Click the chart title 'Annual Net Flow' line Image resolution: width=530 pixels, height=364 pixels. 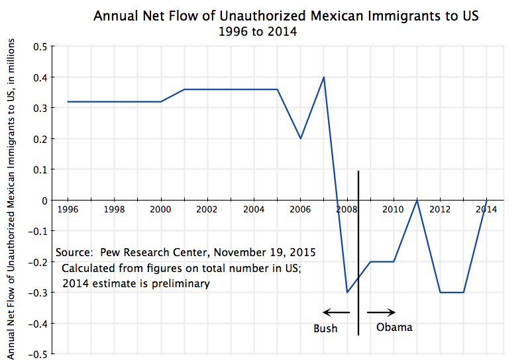click(x=286, y=15)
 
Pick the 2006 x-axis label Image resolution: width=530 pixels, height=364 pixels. click(x=300, y=209)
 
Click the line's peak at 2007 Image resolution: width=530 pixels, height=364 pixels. click(x=324, y=77)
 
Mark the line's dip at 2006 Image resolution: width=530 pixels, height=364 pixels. click(x=301, y=138)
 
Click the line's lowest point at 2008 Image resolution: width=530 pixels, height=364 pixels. click(x=347, y=292)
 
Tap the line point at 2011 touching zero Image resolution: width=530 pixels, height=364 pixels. click(x=417, y=200)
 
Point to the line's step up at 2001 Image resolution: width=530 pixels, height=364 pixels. click(x=184, y=89)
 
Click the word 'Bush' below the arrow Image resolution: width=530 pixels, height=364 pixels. click(x=325, y=328)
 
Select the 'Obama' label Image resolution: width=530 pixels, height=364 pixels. click(x=394, y=327)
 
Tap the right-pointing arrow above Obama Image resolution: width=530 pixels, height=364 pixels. click(x=382, y=312)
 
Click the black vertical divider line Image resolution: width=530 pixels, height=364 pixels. click(x=358, y=251)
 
